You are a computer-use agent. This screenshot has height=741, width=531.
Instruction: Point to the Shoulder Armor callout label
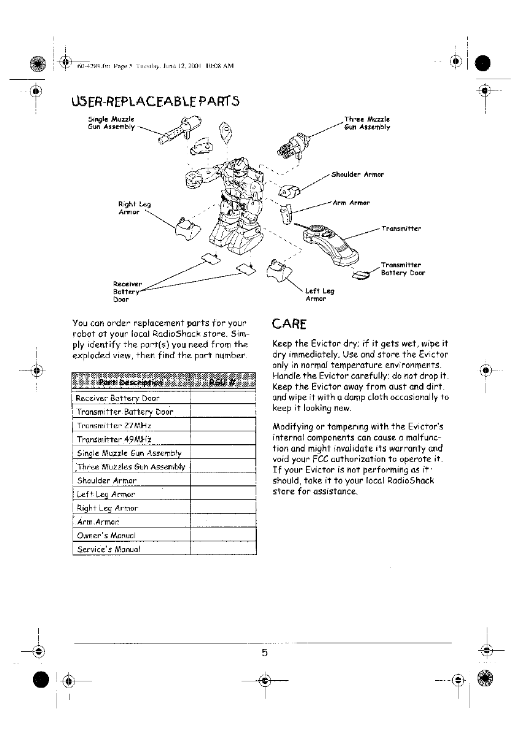pos(357,174)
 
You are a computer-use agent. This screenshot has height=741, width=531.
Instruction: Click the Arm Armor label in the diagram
pos(351,203)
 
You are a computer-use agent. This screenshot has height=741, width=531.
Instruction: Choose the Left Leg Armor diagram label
pos(319,296)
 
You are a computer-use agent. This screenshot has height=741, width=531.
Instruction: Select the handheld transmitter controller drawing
pos(332,240)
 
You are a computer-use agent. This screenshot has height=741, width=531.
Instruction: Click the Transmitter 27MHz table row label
pos(114,425)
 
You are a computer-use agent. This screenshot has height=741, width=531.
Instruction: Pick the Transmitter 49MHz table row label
pos(115,439)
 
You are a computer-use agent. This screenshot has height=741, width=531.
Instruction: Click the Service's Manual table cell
pos(108,549)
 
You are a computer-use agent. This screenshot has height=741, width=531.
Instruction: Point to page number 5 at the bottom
pos(265,653)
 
